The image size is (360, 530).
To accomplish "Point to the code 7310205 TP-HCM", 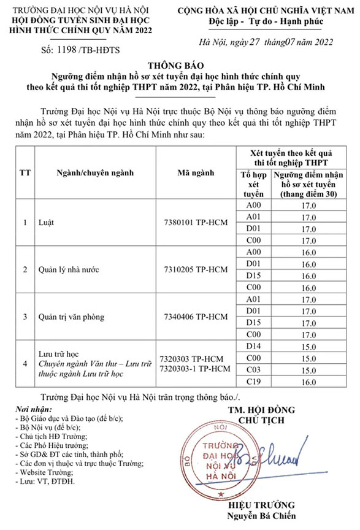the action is tap(196, 269).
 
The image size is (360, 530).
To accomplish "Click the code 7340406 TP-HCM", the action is tap(196, 317).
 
